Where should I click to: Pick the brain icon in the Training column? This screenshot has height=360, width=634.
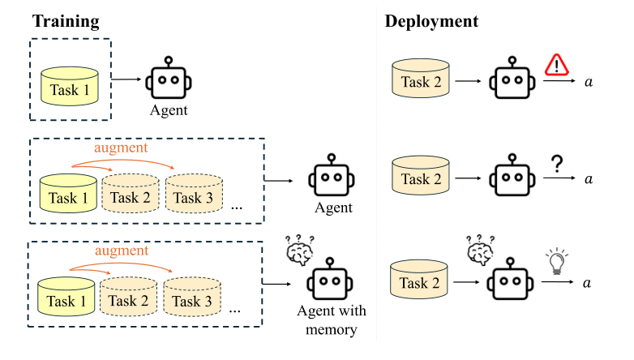300,251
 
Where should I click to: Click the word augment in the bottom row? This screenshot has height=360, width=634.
122,251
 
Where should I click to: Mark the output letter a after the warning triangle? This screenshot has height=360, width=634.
589,84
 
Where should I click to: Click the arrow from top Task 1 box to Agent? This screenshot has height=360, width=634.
126,79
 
